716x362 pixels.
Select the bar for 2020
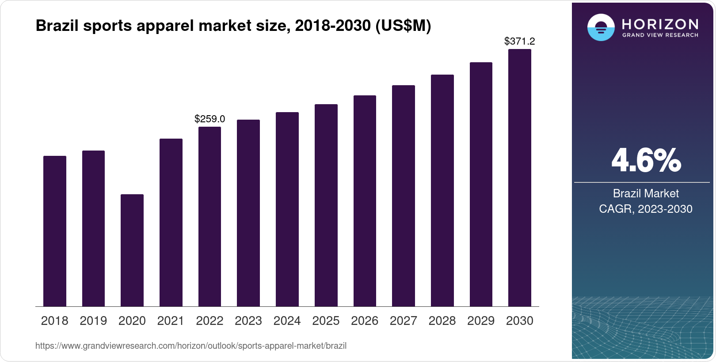pyautogui.click(x=132, y=250)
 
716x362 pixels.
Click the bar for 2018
pyautogui.click(x=54, y=231)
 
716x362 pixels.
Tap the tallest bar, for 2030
pyautogui.click(x=519, y=178)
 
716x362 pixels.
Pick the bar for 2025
pyautogui.click(x=326, y=205)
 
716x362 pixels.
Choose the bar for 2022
pyautogui.click(x=209, y=216)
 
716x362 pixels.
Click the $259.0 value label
pyautogui.click(x=209, y=119)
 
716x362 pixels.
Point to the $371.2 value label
pyautogui.click(x=519, y=41)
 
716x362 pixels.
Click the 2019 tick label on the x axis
pyautogui.click(x=93, y=321)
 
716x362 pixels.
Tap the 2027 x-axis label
pyautogui.click(x=403, y=321)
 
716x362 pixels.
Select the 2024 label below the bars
pyautogui.click(x=287, y=321)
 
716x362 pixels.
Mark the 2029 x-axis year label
pyautogui.click(x=481, y=321)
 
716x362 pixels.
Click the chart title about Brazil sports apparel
pyautogui.click(x=233, y=26)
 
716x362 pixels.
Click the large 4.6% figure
pyautogui.click(x=646, y=160)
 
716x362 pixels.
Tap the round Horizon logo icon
pyautogui.click(x=601, y=27)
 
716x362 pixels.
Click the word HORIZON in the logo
pyautogui.click(x=660, y=24)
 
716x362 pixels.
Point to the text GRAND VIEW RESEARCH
pyautogui.click(x=660, y=35)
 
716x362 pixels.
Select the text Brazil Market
pyautogui.click(x=646, y=193)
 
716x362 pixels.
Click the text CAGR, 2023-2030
pyautogui.click(x=646, y=209)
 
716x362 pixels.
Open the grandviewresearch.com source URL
pyautogui.click(x=191, y=346)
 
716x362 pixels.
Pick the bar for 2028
pyautogui.click(x=442, y=190)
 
